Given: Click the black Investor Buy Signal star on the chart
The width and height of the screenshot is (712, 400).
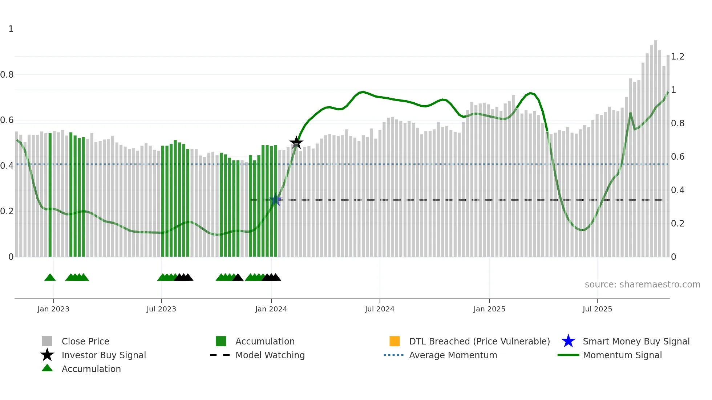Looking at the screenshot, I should point(296,142).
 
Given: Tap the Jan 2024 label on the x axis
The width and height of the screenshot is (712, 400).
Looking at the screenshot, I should point(271,309).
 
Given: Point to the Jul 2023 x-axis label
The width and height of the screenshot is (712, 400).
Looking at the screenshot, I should point(161,309).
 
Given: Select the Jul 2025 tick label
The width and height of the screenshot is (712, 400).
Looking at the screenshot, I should point(597,309).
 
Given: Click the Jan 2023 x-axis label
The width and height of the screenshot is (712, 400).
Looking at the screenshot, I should point(53,309).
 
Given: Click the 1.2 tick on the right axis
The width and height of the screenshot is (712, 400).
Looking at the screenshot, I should point(677,57).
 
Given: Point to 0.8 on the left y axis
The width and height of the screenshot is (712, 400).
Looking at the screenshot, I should point(7,75).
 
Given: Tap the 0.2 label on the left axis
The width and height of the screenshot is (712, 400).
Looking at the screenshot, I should point(7,211).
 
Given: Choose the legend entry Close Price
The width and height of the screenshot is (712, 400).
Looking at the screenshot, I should point(85,341).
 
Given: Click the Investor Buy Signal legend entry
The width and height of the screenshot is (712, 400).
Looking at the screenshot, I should point(104,355).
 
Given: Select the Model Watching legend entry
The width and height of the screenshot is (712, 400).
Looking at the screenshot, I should point(270,355).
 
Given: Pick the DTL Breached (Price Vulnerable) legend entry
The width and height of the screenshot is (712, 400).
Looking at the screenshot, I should point(479,341).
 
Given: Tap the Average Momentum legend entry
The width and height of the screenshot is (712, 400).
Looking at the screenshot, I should point(453,355).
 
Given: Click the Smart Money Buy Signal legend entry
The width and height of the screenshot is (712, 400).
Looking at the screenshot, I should point(636,341).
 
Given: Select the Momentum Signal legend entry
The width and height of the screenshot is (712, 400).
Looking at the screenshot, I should point(622,355).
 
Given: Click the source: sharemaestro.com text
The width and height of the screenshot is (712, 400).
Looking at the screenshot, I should point(642,285).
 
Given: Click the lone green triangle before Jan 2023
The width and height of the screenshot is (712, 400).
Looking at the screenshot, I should point(50,277).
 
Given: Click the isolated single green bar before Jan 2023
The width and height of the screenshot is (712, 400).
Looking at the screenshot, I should point(50,196).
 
